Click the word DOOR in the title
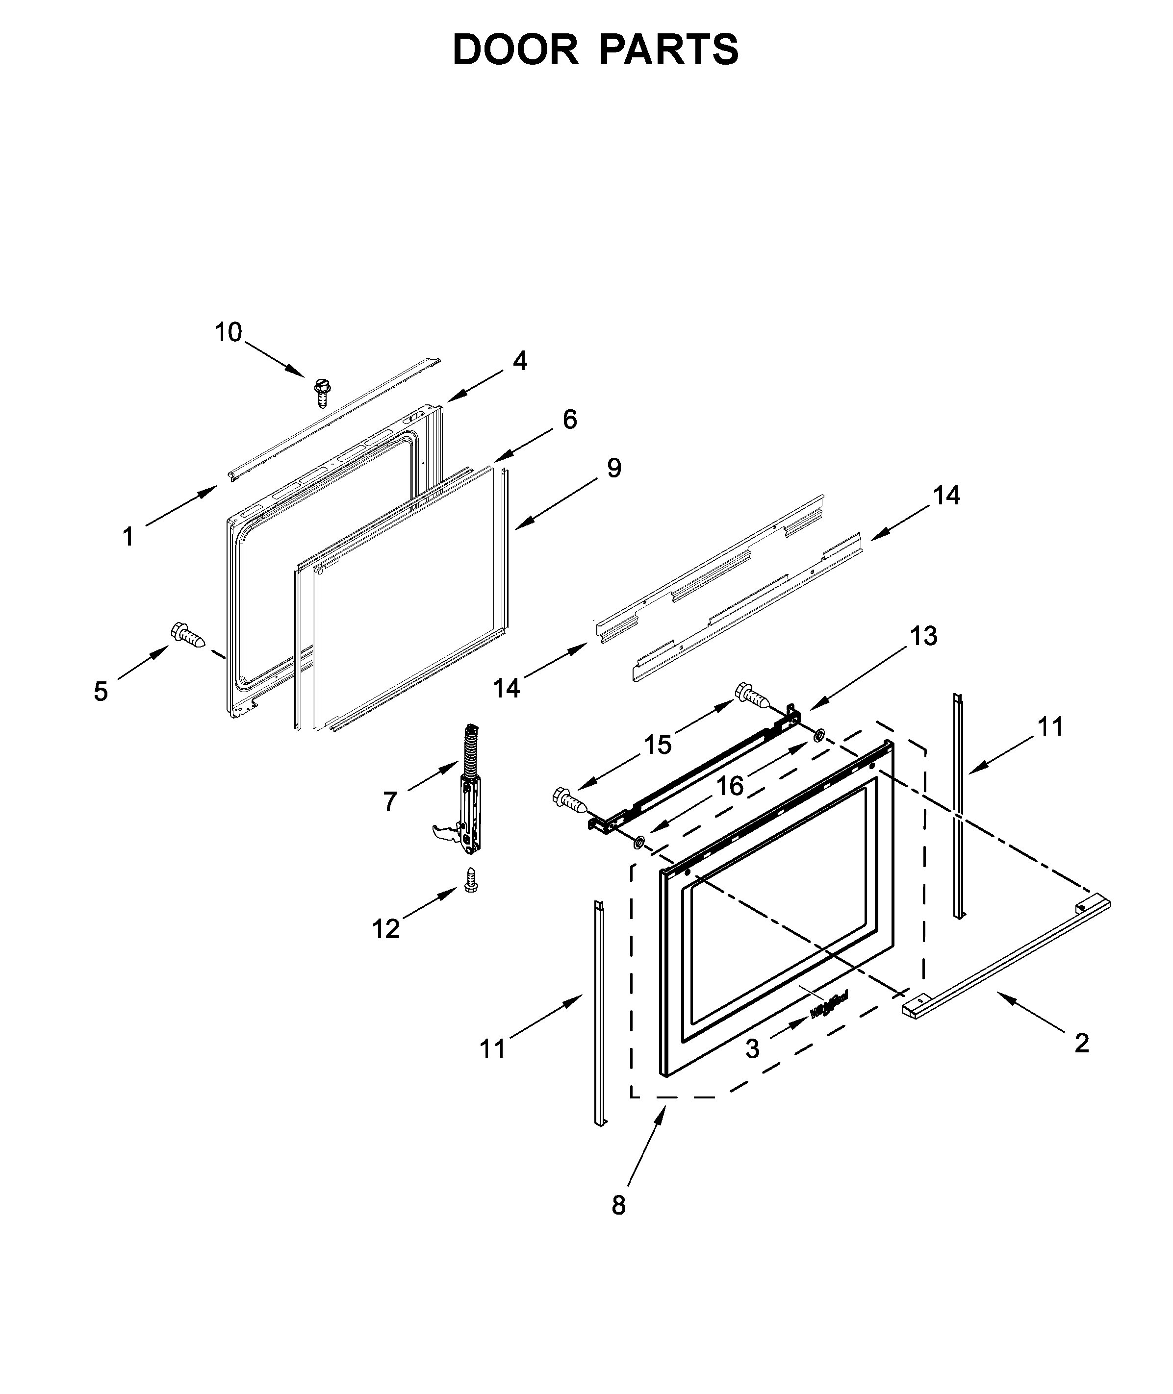pyautogui.click(x=515, y=50)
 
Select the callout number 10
pyautogui.click(x=228, y=332)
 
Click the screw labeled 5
pyautogui.click(x=189, y=634)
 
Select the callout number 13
pyautogui.click(x=923, y=636)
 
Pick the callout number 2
pyautogui.click(x=1082, y=1043)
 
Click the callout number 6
pyautogui.click(x=570, y=420)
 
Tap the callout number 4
pyautogui.click(x=520, y=361)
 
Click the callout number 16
pyautogui.click(x=730, y=786)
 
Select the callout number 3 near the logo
pyautogui.click(x=752, y=1048)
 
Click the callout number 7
pyautogui.click(x=390, y=801)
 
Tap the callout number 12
pyautogui.click(x=385, y=929)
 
